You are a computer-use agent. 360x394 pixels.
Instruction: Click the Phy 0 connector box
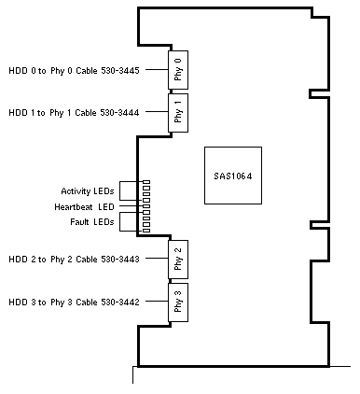(178, 70)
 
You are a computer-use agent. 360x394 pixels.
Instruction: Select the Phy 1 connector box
(178, 113)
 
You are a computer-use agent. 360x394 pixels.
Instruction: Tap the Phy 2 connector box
(178, 260)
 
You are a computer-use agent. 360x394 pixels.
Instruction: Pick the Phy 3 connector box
(178, 303)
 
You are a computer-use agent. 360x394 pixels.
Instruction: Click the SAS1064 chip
(233, 176)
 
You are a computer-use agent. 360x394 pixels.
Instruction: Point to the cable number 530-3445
(120, 71)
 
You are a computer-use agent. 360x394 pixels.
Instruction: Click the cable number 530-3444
(119, 112)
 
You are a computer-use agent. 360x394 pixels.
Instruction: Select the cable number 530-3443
(120, 259)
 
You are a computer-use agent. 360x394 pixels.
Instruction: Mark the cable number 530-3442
(120, 302)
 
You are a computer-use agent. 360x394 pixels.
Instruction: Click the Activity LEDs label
(88, 191)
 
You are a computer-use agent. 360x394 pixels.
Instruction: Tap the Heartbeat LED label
(84, 207)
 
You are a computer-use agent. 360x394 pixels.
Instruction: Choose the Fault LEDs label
(92, 222)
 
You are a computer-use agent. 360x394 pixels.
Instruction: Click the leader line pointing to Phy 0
(157, 69)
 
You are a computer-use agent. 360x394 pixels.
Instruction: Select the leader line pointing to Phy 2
(157, 258)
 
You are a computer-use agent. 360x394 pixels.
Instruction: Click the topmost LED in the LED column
(146, 182)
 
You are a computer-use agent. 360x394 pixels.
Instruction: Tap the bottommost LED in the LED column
(146, 231)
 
